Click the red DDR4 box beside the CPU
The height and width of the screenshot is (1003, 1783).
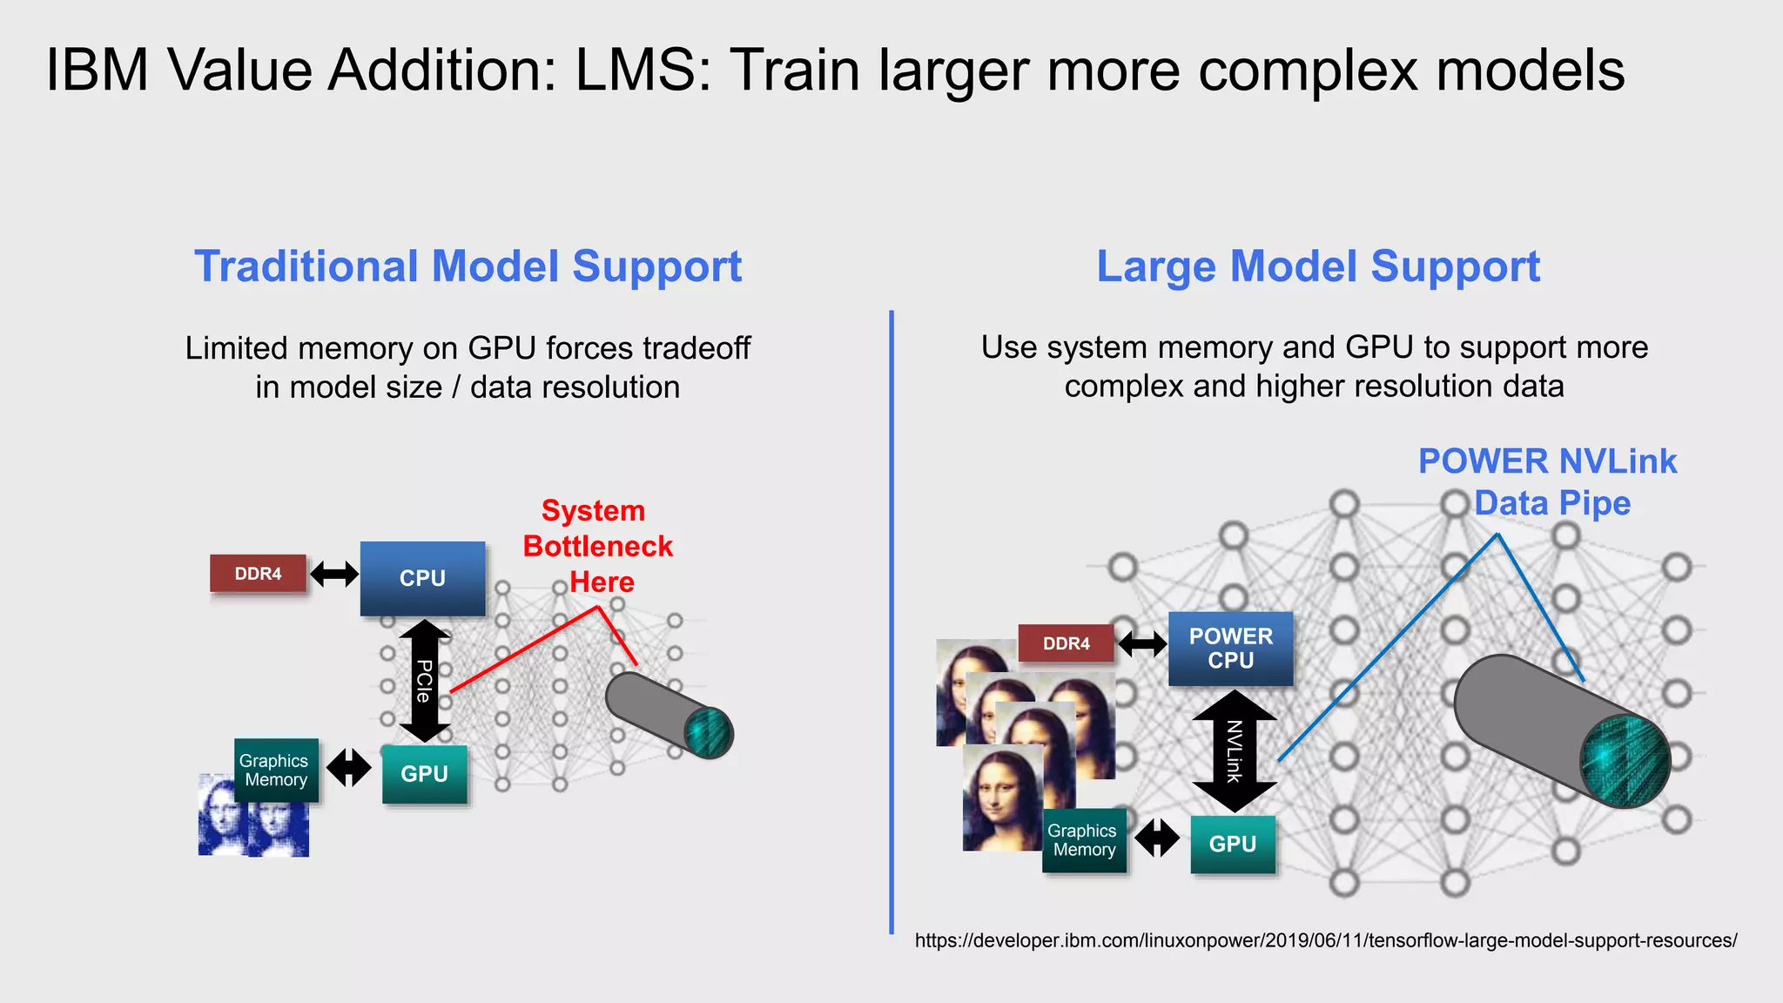[x=258, y=574]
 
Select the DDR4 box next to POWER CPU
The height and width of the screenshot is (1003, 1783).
[x=1066, y=643]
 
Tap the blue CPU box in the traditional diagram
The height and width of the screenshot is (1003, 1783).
[x=422, y=578]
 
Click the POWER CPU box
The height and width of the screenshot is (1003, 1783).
[x=1230, y=649]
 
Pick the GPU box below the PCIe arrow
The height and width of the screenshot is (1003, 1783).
[x=424, y=774]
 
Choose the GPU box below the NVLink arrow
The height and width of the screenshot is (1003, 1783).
[x=1232, y=844]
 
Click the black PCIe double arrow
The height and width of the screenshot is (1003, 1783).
[x=424, y=681]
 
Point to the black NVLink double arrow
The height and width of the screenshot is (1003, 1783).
[x=1234, y=751]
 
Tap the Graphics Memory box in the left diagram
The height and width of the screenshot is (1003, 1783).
[x=276, y=771]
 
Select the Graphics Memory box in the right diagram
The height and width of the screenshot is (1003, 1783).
[x=1084, y=840]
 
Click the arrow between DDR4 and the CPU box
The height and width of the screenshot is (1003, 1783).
[x=334, y=574]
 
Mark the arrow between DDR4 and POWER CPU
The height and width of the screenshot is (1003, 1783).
[x=1142, y=644]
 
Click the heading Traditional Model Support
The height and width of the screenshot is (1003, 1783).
[x=468, y=266]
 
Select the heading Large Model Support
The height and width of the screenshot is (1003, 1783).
[x=1318, y=266]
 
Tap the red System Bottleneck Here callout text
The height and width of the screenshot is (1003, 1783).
[x=597, y=546]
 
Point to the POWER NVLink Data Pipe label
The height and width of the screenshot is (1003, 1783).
[x=1547, y=481]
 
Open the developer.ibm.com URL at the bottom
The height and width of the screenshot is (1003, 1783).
[x=1325, y=940]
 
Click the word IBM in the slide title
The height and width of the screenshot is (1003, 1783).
[x=97, y=70]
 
